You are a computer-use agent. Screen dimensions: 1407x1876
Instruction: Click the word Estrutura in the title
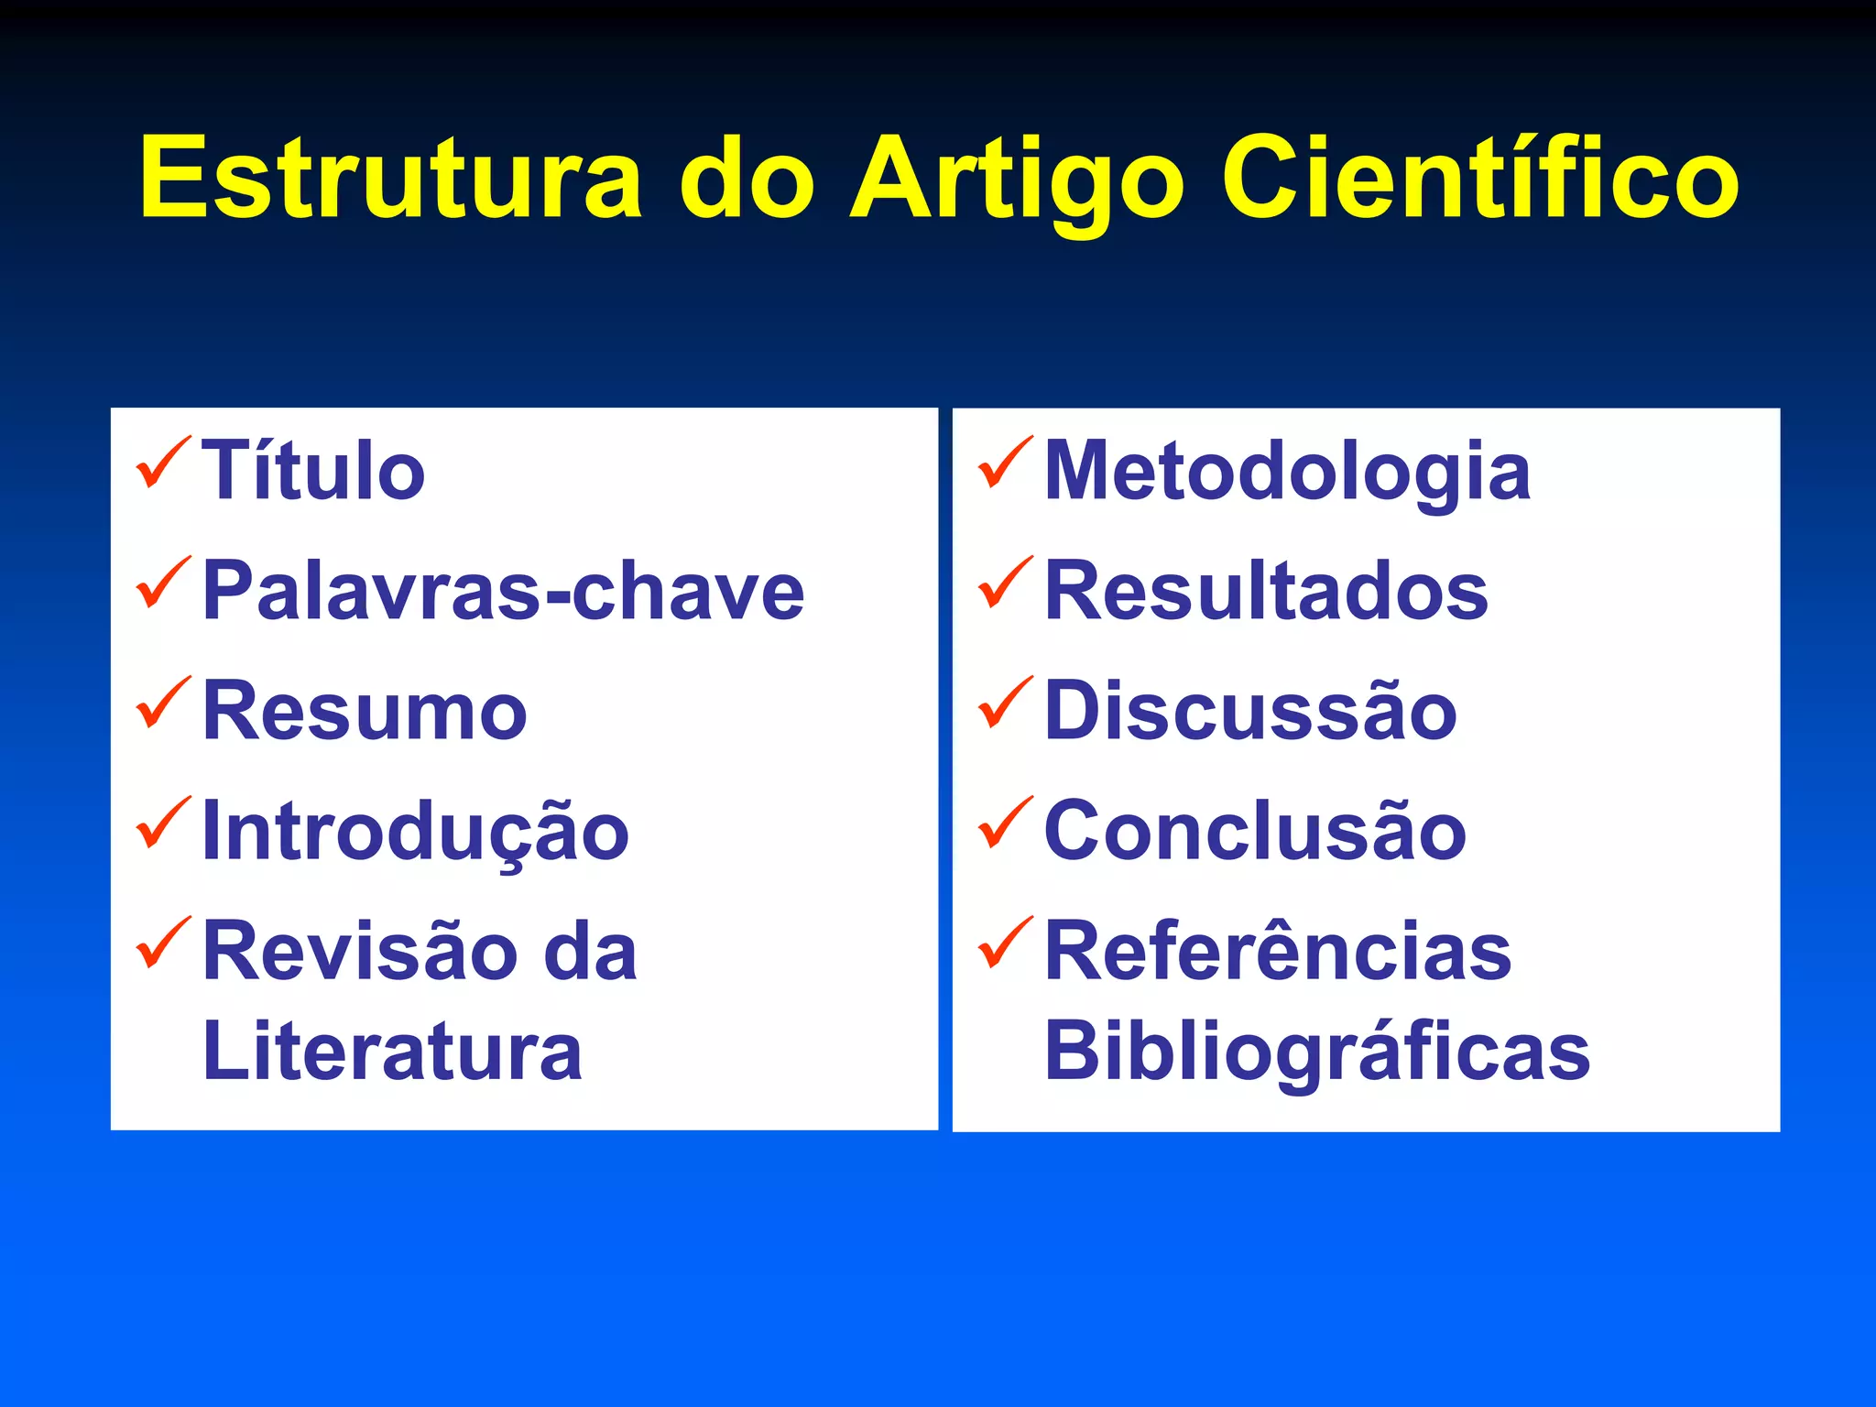[391, 178]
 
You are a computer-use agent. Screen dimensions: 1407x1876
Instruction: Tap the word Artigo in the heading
[1017, 180]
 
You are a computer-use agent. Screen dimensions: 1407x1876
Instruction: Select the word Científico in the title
[1478, 178]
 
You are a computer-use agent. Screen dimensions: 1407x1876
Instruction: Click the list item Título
[313, 471]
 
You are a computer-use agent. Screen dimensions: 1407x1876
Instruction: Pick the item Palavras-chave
[503, 591]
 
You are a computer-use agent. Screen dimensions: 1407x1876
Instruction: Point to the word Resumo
[365, 712]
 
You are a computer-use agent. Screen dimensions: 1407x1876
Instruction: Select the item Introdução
[415, 832]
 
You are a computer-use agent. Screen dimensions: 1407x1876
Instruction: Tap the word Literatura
[392, 1051]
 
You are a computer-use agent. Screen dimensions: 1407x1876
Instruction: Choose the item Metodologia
[1287, 471]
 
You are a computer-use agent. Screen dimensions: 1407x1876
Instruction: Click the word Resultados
[1266, 591]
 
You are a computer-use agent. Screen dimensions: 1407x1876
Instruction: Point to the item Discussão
[1250, 712]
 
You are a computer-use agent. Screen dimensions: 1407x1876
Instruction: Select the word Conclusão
[1255, 832]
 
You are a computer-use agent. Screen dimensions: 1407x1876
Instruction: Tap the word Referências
[1278, 952]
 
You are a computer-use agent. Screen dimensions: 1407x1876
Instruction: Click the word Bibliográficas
[1317, 1051]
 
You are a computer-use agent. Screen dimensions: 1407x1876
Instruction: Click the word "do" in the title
[746, 178]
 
